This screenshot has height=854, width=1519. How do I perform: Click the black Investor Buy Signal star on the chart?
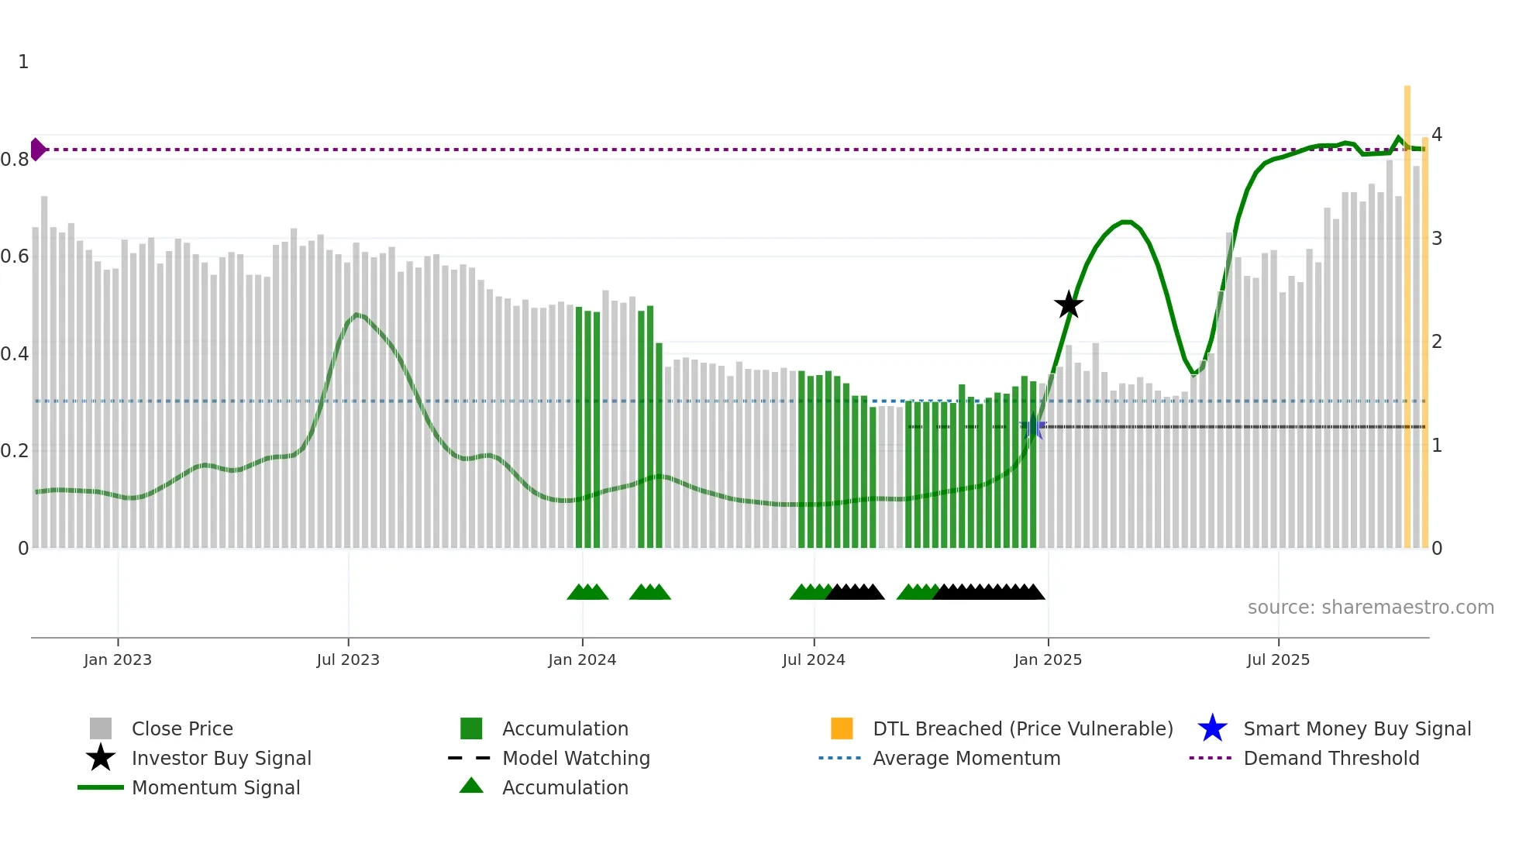(1069, 305)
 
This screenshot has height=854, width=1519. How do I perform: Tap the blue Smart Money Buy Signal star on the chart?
(1032, 426)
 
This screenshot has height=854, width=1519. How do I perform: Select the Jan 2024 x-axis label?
(582, 659)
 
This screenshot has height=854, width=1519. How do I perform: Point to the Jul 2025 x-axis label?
(1278, 659)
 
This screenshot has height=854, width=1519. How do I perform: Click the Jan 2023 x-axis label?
(118, 659)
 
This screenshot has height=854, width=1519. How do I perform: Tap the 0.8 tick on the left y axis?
(15, 160)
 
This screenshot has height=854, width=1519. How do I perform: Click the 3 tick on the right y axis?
(1437, 238)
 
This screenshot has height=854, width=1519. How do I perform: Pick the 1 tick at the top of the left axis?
(23, 62)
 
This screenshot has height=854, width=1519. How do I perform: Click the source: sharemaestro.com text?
(1370, 607)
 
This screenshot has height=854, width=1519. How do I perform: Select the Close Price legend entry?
(182, 728)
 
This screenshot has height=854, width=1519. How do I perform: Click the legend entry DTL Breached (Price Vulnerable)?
(1022, 728)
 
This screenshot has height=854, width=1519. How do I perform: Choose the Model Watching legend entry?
(576, 758)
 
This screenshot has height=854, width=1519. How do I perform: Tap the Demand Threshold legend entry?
(1331, 758)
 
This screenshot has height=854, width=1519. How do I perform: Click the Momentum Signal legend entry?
(215, 787)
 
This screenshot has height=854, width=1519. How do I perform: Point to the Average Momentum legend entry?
(966, 758)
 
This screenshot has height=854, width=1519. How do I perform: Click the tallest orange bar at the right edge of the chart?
(1407, 310)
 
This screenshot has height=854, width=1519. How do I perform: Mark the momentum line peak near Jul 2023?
(356, 314)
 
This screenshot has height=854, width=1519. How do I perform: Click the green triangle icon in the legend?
(471, 787)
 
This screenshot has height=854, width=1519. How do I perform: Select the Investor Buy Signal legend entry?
(221, 758)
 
